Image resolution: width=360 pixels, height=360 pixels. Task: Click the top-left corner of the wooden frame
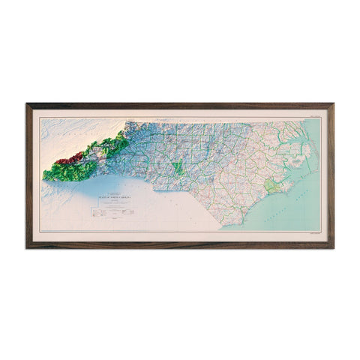click(27, 104)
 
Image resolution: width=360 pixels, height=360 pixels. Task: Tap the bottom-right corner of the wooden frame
click(332, 247)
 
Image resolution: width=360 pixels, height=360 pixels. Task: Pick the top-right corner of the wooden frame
click(332, 104)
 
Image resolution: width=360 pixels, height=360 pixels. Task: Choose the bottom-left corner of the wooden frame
click(27, 247)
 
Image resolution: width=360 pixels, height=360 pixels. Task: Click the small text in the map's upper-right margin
click(313, 114)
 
